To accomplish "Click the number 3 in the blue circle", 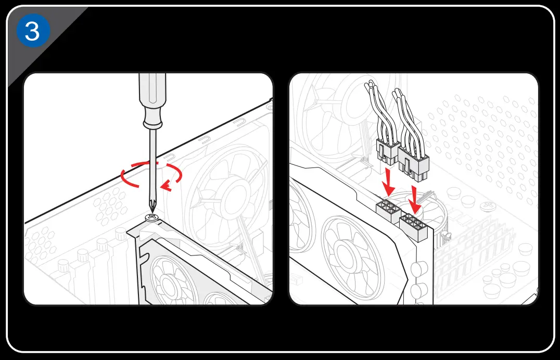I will tap(32, 32).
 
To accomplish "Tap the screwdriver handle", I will tap(151, 96).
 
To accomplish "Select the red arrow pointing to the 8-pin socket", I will tap(415, 198).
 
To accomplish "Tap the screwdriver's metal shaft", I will tap(152, 166).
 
